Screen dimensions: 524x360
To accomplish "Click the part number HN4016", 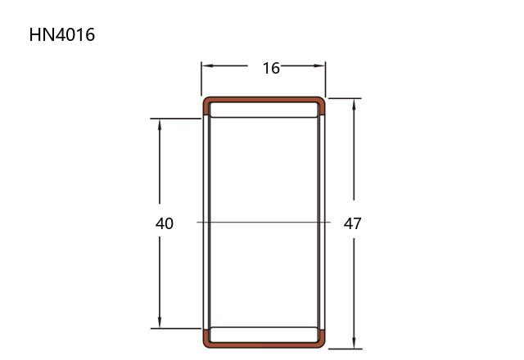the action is pyautogui.click(x=62, y=34).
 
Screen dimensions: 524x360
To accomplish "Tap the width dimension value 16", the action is pyautogui.click(x=271, y=68).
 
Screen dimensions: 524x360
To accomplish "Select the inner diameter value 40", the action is pyautogui.click(x=165, y=223).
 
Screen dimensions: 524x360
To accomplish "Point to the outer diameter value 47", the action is pyautogui.click(x=353, y=223).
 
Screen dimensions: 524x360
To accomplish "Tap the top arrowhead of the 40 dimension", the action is pyautogui.click(x=160, y=125).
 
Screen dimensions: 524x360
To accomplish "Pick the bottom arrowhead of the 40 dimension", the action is pyautogui.click(x=160, y=322).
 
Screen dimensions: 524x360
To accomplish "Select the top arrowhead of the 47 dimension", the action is pyautogui.click(x=354, y=105).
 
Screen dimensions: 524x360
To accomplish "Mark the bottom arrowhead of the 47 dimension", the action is pyautogui.click(x=354, y=343).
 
